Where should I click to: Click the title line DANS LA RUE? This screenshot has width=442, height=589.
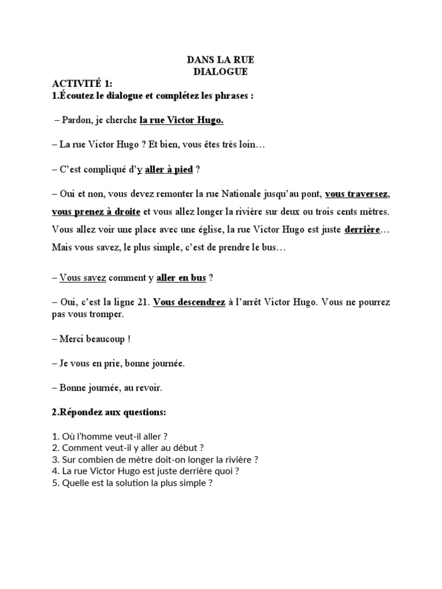(x=221, y=59)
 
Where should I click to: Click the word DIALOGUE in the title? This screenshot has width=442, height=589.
(x=221, y=72)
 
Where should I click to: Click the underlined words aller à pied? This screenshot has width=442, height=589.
(x=169, y=170)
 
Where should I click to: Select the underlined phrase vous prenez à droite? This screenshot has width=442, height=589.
(x=96, y=212)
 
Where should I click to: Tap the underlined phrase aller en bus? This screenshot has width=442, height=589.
(x=181, y=278)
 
